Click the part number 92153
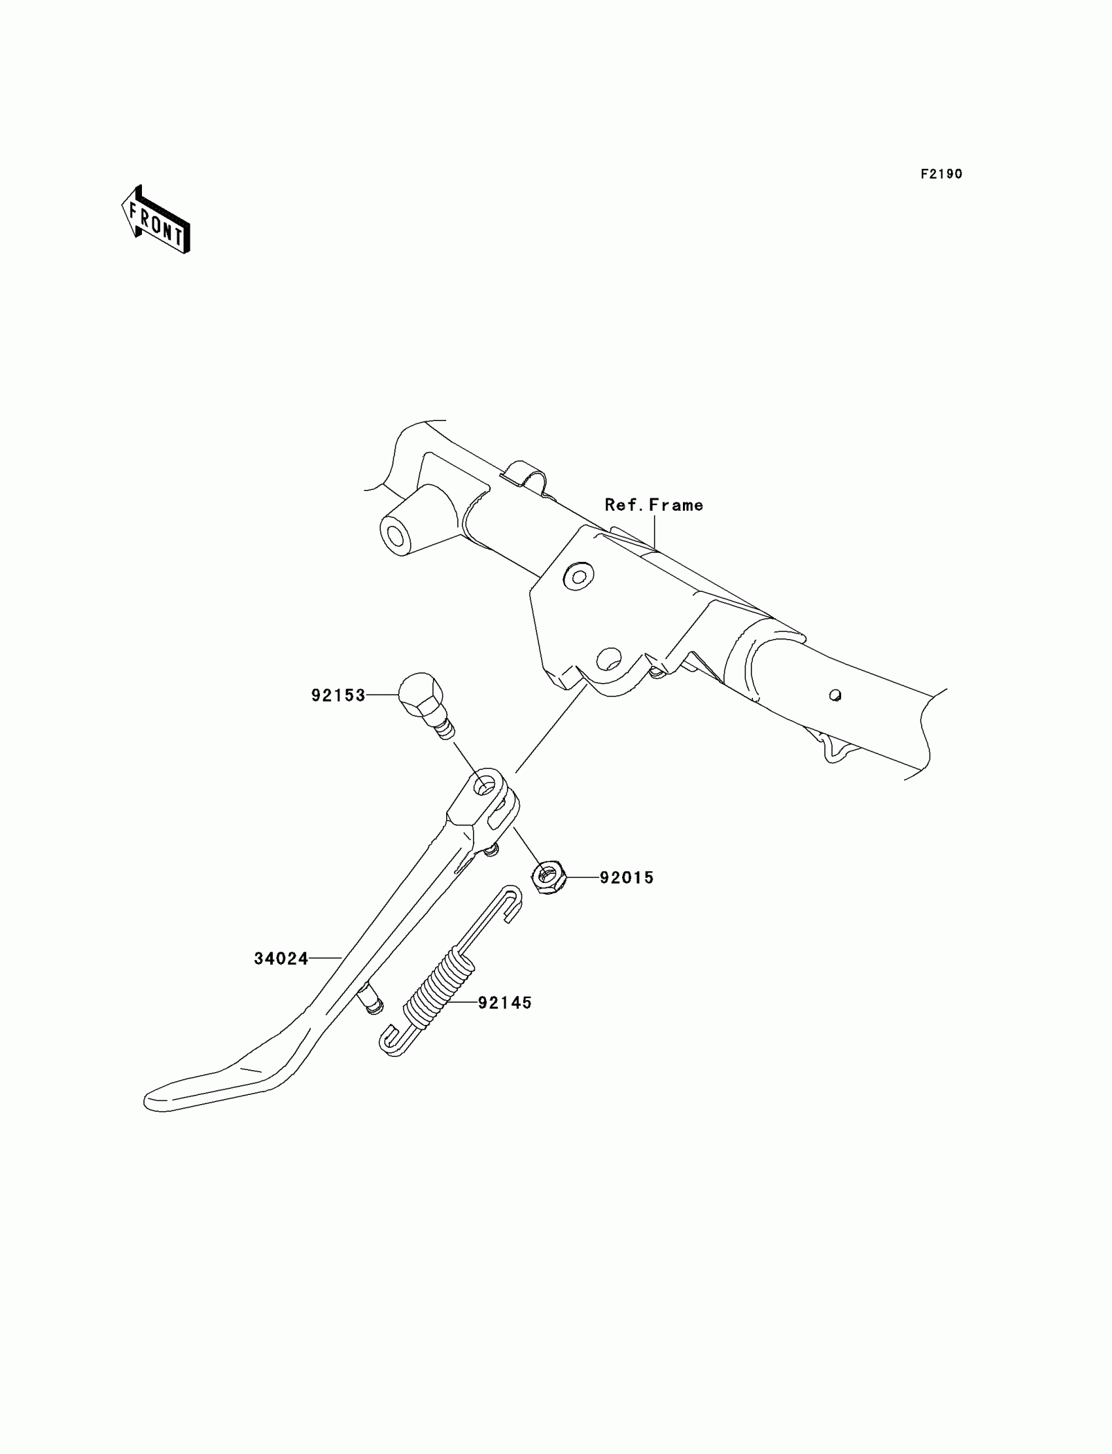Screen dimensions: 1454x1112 [338, 695]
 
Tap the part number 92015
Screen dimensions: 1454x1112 [626, 878]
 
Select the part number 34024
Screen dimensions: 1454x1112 [281, 958]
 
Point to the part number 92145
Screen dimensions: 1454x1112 [504, 1003]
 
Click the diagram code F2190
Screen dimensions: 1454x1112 [941, 174]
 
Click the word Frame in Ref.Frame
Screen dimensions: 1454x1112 [676, 505]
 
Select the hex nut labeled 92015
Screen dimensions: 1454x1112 [547, 878]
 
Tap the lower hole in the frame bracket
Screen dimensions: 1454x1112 [608, 658]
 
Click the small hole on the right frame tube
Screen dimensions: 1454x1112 [835, 695]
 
